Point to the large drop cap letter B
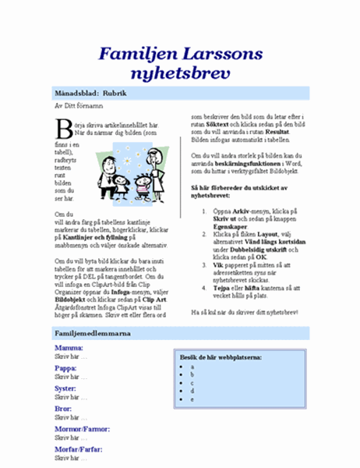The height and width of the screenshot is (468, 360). [x=64, y=128]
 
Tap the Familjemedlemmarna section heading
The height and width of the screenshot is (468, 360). [x=92, y=333]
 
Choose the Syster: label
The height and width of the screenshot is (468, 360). [x=65, y=388]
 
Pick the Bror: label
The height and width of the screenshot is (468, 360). [x=62, y=408]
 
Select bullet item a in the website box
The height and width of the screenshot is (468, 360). [x=192, y=366]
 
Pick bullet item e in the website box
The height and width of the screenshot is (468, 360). [x=192, y=399]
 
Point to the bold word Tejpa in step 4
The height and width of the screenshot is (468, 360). [x=222, y=285]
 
